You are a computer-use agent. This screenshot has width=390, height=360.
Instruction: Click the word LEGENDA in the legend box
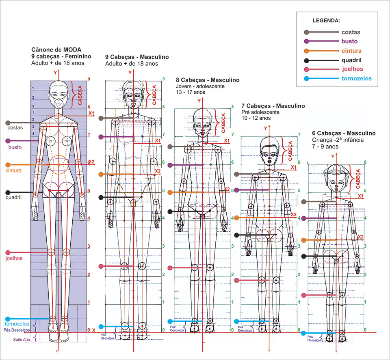tap(326, 20)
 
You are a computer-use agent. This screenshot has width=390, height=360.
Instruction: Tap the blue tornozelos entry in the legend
tap(356, 79)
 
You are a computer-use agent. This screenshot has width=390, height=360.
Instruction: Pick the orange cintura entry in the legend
tap(351, 51)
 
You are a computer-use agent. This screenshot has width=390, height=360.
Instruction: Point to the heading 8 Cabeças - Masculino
tap(207, 80)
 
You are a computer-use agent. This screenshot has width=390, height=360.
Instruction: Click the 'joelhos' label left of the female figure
tap(14, 258)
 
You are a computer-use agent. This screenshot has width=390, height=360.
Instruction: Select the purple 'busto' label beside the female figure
tap(15, 147)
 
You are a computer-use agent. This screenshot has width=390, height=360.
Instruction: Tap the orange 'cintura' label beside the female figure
tap(13, 170)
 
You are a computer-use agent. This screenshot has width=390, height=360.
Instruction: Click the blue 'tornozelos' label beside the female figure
tap(17, 324)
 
